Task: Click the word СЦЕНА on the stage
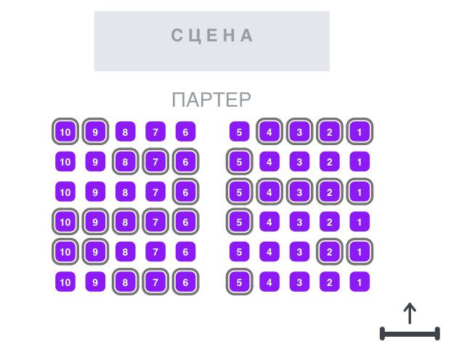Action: tap(212, 36)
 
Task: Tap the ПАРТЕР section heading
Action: tap(211, 99)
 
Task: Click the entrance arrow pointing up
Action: tap(410, 314)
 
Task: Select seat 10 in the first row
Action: tap(65, 131)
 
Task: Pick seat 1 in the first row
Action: tap(360, 131)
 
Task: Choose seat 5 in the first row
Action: tap(240, 131)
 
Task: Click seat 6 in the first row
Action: tap(186, 131)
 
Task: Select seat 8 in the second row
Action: tap(126, 161)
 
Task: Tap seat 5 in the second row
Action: tap(240, 161)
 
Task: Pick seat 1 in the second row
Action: tap(360, 161)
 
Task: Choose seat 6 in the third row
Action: tap(186, 192)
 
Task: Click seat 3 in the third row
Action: tap(299, 192)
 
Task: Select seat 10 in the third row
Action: tap(65, 192)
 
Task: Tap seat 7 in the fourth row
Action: tap(155, 221)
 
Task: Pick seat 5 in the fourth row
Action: tap(240, 221)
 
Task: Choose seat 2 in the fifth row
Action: tap(330, 252)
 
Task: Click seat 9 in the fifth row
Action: tap(95, 252)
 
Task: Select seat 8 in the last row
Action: tap(126, 282)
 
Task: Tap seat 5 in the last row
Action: tap(240, 282)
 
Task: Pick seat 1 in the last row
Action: tap(360, 282)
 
